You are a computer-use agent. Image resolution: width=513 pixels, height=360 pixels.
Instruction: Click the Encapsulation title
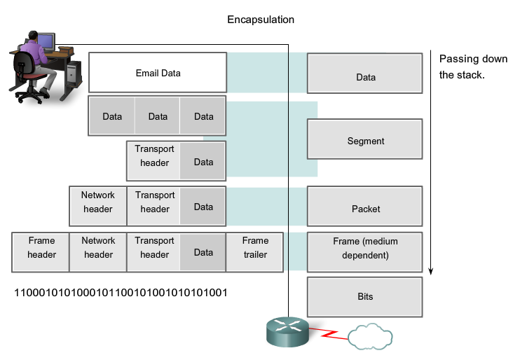point(261,20)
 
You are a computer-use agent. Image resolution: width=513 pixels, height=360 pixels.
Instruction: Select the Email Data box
point(158,73)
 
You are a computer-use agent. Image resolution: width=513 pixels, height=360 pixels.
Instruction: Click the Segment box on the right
point(365,141)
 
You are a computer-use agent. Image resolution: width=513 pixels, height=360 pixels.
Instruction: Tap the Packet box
point(365,209)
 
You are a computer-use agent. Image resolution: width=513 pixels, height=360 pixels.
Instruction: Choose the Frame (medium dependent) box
point(365,249)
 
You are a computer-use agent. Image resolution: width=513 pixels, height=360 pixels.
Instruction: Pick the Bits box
point(365,296)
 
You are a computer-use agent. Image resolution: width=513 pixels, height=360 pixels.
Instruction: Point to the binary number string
point(121,292)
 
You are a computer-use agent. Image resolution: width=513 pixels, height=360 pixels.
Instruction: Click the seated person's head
point(32,36)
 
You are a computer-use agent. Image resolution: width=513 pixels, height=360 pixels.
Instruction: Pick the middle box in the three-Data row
point(158,116)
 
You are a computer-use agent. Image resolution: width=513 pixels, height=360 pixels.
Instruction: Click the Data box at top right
point(365,77)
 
